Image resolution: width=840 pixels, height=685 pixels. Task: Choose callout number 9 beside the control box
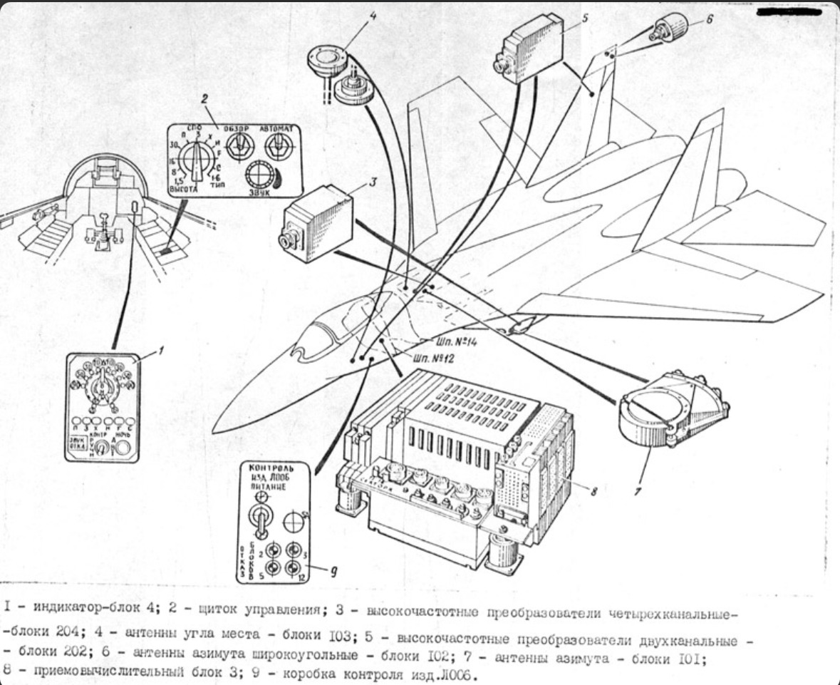333,570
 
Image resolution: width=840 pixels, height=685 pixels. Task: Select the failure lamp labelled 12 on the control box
291,567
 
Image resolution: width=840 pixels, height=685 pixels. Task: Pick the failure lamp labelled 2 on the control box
271,550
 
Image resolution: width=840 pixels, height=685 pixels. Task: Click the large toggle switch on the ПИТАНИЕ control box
261,519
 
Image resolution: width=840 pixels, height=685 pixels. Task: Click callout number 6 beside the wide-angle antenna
709,20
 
